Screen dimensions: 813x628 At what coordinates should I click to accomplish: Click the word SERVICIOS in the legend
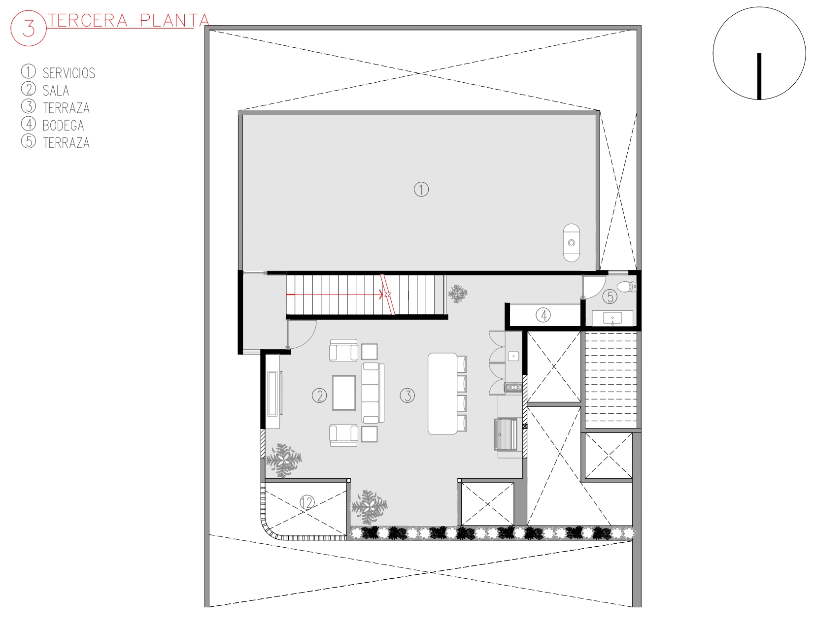pyautogui.click(x=69, y=73)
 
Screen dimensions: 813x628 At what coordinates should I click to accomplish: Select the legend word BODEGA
pyautogui.click(x=63, y=125)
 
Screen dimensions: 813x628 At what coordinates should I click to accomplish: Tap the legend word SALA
pyautogui.click(x=56, y=91)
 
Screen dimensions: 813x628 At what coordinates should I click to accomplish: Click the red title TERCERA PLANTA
pyautogui.click(x=128, y=21)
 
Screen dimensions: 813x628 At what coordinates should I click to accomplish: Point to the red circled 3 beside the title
pyautogui.click(x=29, y=29)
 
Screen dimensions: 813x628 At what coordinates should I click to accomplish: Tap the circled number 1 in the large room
pyautogui.click(x=421, y=190)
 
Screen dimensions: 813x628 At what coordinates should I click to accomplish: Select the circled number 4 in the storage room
pyautogui.click(x=543, y=315)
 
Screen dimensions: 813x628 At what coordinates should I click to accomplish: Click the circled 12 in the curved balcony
pyautogui.click(x=307, y=503)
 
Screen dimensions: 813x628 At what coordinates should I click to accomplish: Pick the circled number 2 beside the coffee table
pyautogui.click(x=319, y=396)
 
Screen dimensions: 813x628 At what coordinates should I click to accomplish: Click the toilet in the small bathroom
pyautogui.click(x=627, y=287)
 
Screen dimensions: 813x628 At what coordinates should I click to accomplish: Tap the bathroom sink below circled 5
pyautogui.click(x=612, y=318)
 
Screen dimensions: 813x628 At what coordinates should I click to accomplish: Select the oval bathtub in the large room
pyautogui.click(x=571, y=243)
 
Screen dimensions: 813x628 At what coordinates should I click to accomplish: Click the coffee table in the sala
pyautogui.click(x=344, y=393)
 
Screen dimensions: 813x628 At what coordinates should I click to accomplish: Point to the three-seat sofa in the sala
pyautogui.click(x=373, y=393)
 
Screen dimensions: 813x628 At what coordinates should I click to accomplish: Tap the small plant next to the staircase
pyautogui.click(x=458, y=294)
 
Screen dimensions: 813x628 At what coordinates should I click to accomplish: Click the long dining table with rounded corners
pyautogui.click(x=442, y=394)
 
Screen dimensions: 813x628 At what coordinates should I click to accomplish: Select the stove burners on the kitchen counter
pyautogui.click(x=514, y=387)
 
